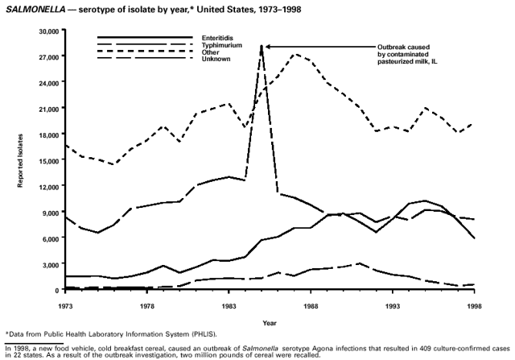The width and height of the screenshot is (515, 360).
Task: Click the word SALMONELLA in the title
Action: [x=33, y=7]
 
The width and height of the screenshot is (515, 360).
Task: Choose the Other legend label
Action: [x=211, y=52]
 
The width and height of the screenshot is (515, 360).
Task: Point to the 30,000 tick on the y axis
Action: [x=49, y=31]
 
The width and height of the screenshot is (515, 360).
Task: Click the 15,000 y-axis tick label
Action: [x=49, y=160]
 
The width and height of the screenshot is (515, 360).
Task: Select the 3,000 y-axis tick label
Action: [x=51, y=264]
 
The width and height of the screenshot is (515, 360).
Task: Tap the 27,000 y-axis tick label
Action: [x=49, y=57]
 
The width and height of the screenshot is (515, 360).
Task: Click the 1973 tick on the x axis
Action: [x=65, y=306]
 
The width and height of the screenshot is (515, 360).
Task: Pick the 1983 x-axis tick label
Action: [x=229, y=306]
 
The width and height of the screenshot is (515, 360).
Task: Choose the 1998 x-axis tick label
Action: [x=474, y=306]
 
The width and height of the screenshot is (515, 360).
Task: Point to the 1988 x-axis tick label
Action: [x=311, y=306]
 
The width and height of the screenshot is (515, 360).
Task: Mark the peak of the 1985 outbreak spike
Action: [x=262, y=46]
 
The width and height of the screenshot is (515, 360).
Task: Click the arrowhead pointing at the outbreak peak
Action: [x=267, y=46]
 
